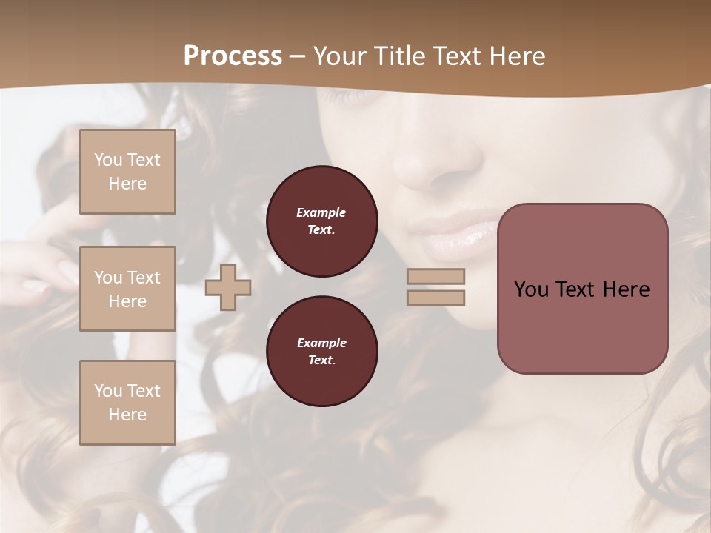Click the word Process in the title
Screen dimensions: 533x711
(x=233, y=56)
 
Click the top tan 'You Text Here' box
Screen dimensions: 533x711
(x=127, y=172)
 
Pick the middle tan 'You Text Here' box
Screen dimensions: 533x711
(x=127, y=289)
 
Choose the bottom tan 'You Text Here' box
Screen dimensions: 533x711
(x=127, y=403)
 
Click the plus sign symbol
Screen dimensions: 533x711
(x=227, y=288)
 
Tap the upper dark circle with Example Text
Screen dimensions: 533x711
(x=321, y=221)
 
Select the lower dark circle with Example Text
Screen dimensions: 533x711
(x=321, y=352)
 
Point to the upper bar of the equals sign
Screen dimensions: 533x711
(x=435, y=276)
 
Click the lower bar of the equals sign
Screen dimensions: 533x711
(x=435, y=298)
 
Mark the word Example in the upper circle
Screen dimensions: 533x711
(x=321, y=213)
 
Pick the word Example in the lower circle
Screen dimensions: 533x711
(x=321, y=343)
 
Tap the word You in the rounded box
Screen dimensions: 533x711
(x=531, y=289)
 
